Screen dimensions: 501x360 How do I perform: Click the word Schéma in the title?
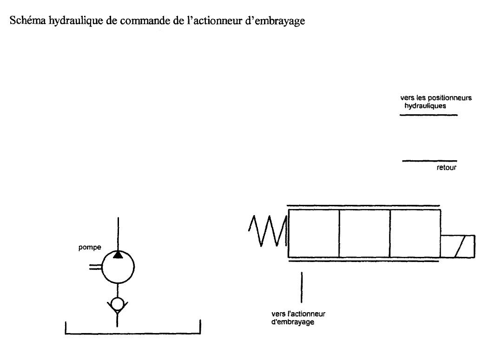pos(28,20)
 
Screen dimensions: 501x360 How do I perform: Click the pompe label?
pos(90,247)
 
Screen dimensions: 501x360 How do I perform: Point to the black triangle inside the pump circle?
pos(118,255)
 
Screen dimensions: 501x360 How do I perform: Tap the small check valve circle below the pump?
pos(118,298)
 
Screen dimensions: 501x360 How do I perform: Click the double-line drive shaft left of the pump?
pos(95,267)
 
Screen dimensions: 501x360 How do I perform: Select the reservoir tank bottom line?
pos(133,334)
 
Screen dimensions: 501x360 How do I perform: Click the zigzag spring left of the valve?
pos(267,230)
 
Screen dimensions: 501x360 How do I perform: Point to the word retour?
pos(446,168)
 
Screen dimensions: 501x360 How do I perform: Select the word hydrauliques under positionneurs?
pos(425,106)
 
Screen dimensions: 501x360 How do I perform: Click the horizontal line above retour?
pos(429,161)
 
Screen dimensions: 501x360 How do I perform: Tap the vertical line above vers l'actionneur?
pos(302,288)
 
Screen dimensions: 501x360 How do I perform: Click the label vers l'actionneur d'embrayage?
pos(298,318)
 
